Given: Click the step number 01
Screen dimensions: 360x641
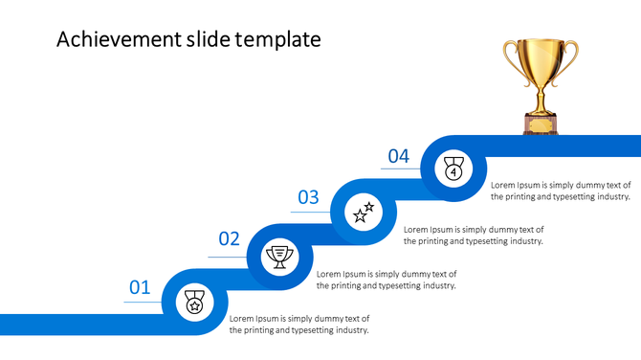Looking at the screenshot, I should pos(140,286).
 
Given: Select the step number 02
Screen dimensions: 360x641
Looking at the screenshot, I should pos(229,239).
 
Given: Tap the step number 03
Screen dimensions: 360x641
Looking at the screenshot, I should pos(308,198).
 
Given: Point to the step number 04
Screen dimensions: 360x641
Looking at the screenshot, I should pos(398,156).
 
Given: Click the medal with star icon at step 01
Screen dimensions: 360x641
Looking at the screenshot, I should pos(194,303).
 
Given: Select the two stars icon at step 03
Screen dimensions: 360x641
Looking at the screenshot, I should pos(365,212).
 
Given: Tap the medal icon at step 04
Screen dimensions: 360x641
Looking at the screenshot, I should pos(453,169).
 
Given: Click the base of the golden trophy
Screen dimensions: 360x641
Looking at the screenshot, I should pos(541,122).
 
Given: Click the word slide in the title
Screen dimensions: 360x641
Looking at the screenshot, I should pos(205,39).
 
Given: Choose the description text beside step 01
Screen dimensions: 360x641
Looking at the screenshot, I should pos(299,324).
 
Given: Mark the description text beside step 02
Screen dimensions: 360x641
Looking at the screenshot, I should pos(387,280).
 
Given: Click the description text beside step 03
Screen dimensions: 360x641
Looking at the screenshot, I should pos(474,235).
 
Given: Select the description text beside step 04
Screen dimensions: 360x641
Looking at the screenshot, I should pos(561,190).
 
